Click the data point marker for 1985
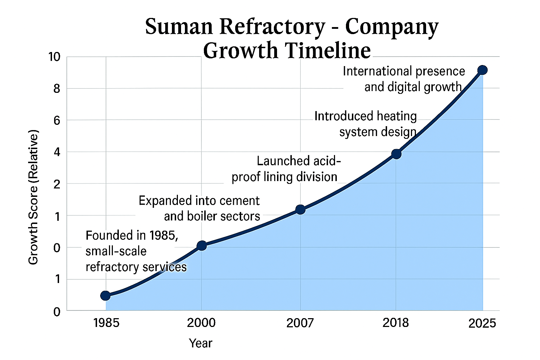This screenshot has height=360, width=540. tap(105, 296)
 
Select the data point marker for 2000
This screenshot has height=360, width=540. tap(201, 245)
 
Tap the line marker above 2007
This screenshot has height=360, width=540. tap(300, 210)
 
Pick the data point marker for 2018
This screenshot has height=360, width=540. tap(396, 154)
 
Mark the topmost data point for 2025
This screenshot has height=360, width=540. tap(483, 70)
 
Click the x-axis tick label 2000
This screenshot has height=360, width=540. tap(201, 323)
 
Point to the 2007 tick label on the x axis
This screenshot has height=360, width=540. tap(300, 323)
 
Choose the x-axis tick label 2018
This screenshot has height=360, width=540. tap(396, 323)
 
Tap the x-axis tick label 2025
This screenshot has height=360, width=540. tap(482, 323)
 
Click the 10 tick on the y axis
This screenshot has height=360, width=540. tap(54, 57)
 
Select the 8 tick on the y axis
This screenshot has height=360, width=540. tap(57, 89)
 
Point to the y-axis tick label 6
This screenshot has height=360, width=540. tap(57, 121)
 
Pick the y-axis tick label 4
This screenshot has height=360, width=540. tap(57, 152)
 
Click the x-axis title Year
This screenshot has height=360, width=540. tap(200, 343)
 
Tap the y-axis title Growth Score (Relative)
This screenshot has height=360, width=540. tap(33, 197)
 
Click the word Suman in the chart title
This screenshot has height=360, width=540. tap(179, 27)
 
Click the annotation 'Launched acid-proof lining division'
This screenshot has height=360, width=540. tap(285, 169)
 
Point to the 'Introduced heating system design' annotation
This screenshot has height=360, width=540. tap(366, 124)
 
